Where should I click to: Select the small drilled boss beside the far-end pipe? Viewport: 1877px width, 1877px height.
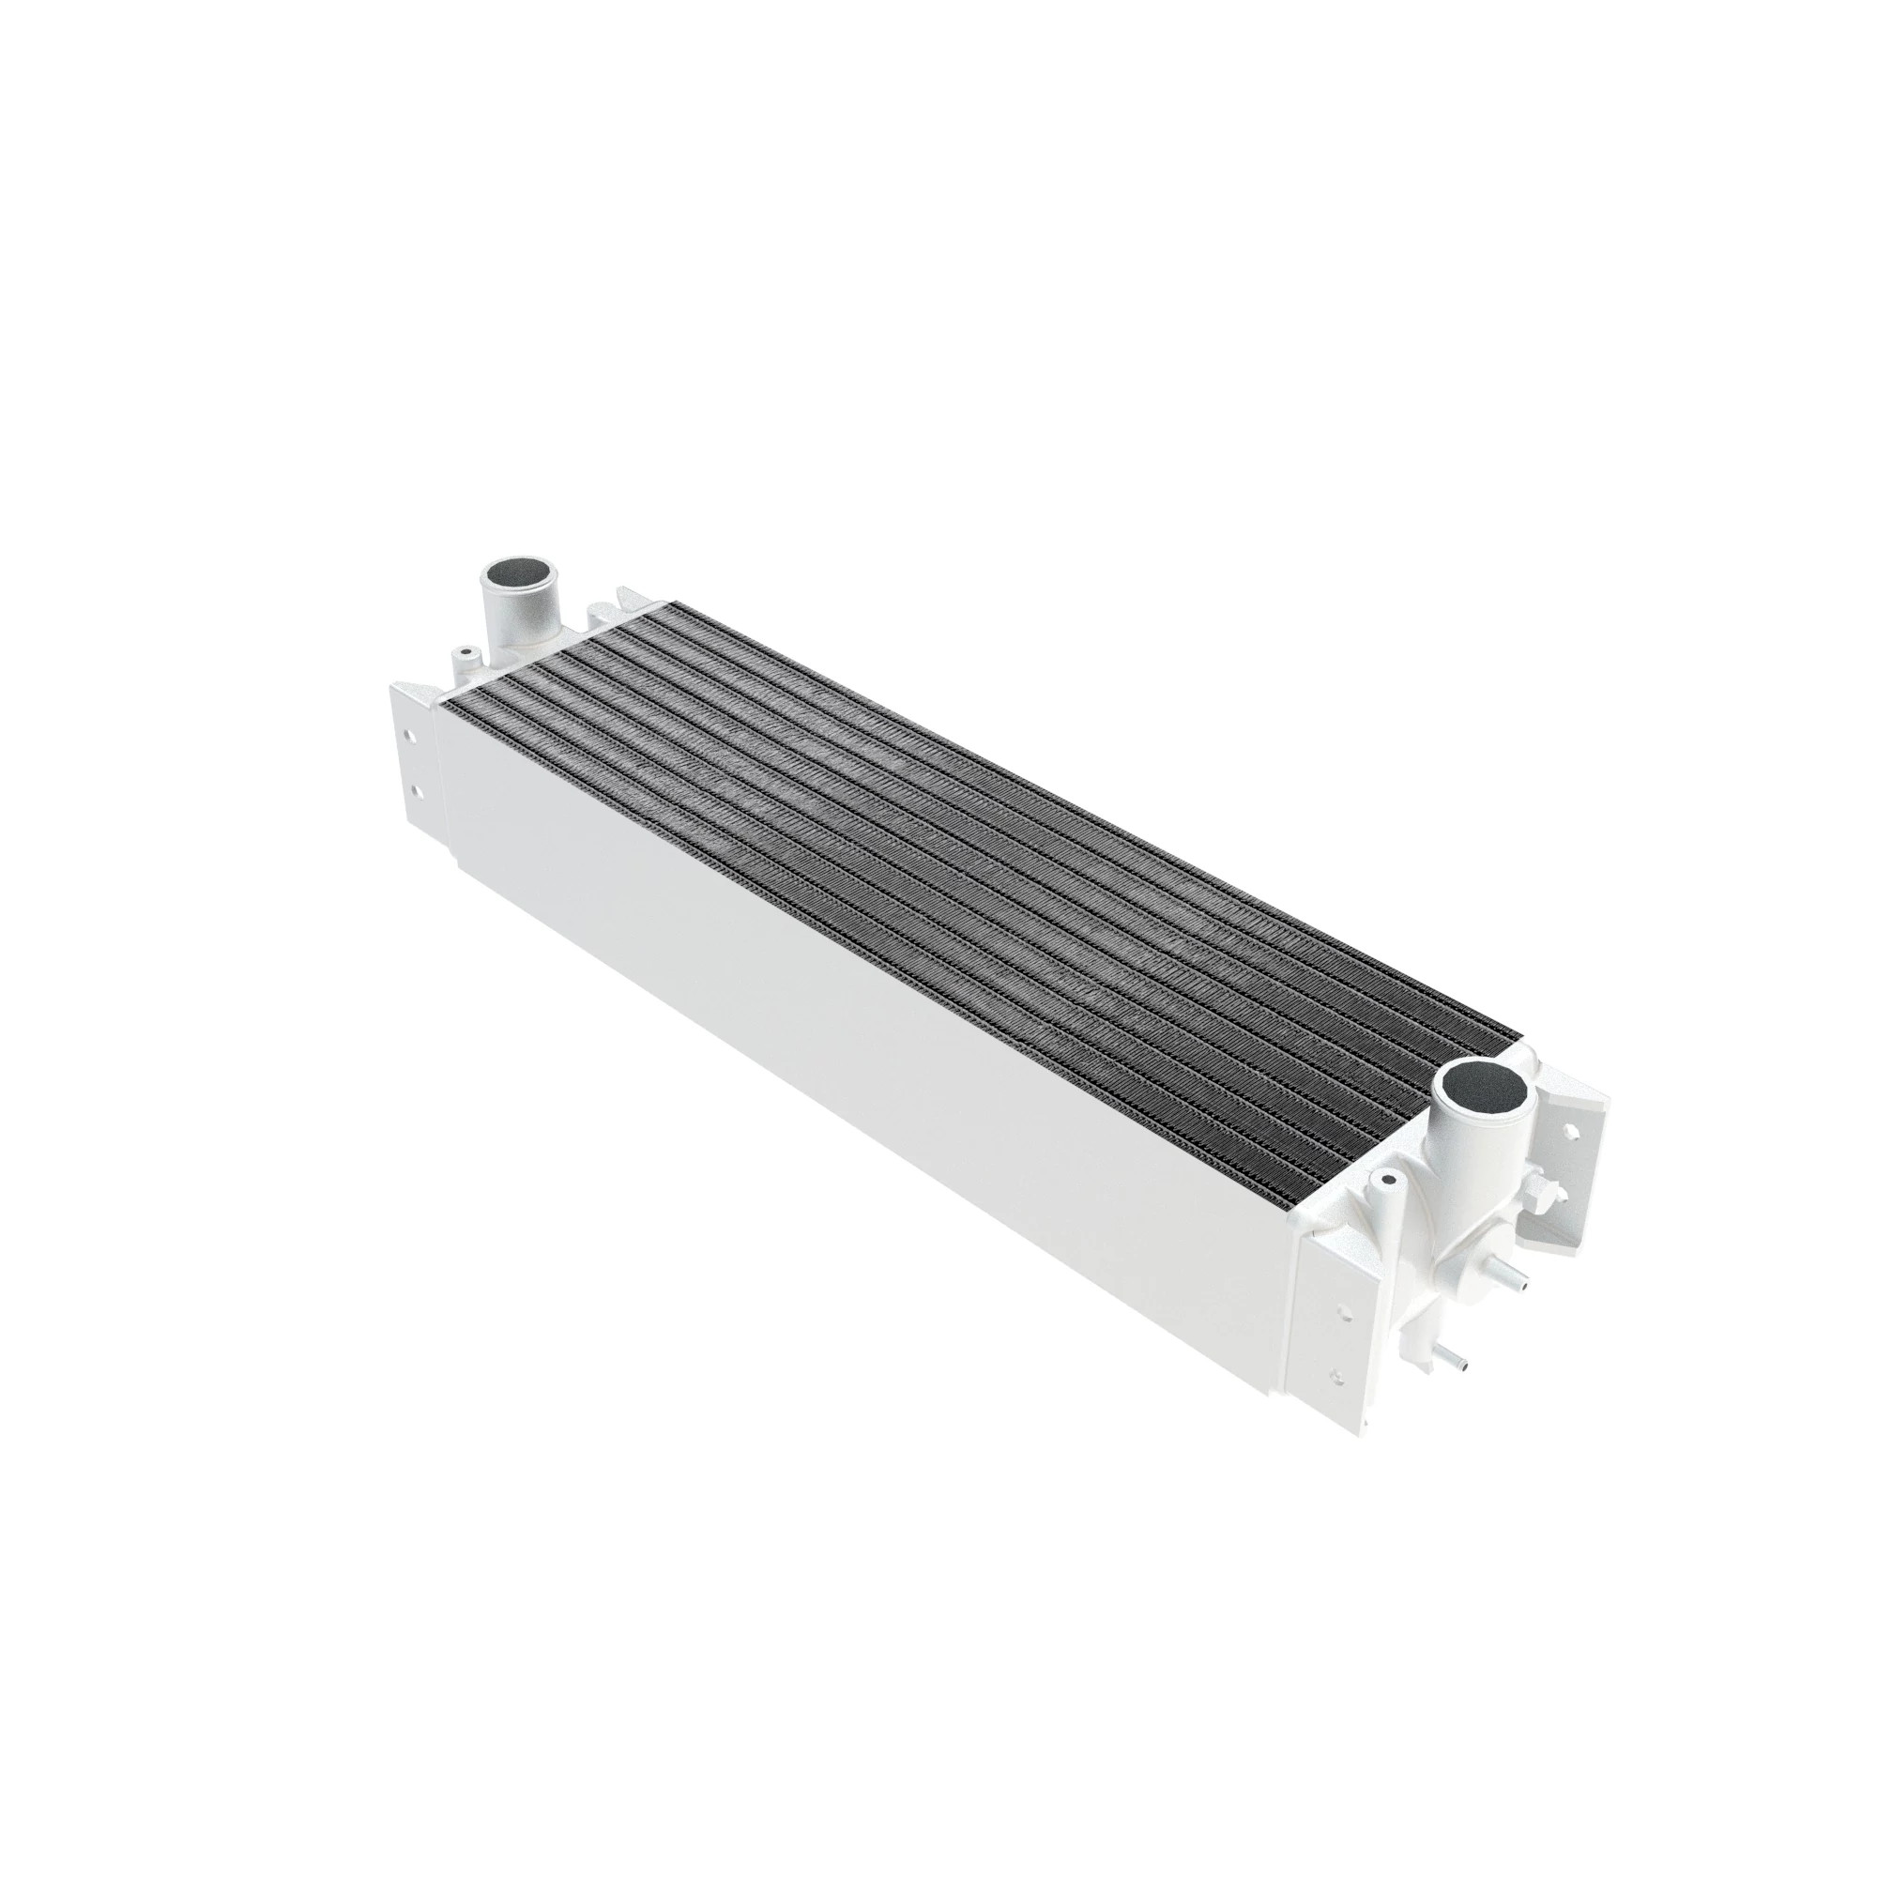pos(465,651)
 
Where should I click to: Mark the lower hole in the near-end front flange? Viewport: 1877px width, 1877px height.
pos(1340,1376)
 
